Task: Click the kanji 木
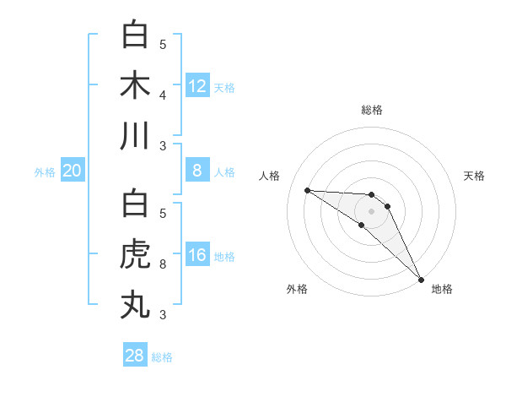[x=135, y=85]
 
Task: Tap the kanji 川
[x=135, y=135]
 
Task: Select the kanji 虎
[x=135, y=254]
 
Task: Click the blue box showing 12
[x=197, y=85]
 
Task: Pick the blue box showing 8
[x=197, y=171]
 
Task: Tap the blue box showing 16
[x=197, y=255]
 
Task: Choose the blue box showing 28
[x=135, y=355]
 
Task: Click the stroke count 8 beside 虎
[x=163, y=264]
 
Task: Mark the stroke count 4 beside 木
[x=163, y=95]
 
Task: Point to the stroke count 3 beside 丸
[x=163, y=315]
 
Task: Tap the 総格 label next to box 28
[x=163, y=356]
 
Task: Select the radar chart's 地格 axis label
[x=442, y=289]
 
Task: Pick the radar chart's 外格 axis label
[x=297, y=289]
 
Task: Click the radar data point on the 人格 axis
[x=307, y=190]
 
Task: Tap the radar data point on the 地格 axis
[x=421, y=278]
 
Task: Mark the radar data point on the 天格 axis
[x=388, y=206]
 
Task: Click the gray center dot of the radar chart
[x=372, y=211]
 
